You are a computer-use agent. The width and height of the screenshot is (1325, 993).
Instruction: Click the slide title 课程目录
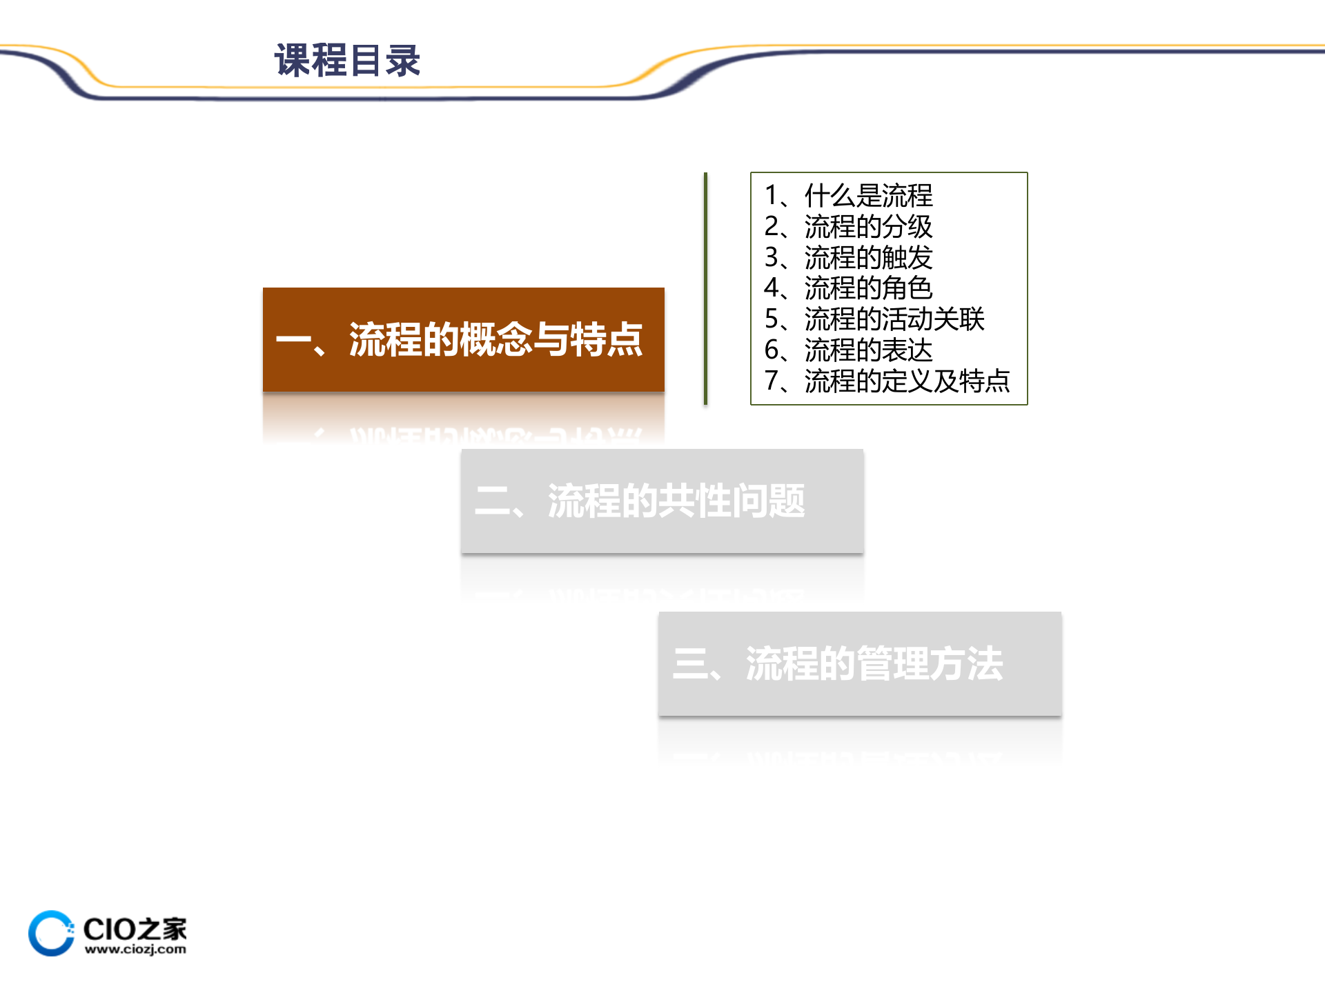pyautogui.click(x=347, y=61)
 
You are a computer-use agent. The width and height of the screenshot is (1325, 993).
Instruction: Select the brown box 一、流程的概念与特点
pyautogui.click(x=463, y=339)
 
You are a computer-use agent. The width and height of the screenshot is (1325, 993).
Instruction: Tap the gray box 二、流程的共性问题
pyautogui.click(x=662, y=501)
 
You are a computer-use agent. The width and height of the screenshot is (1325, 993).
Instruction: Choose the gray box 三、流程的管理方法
pyautogui.click(x=859, y=664)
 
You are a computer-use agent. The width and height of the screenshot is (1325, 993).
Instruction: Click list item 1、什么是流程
pyautogui.click(x=848, y=196)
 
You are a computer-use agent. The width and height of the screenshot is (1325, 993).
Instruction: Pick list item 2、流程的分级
pyautogui.click(x=848, y=227)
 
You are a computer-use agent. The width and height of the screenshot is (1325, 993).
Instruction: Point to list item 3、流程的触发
pyautogui.click(x=848, y=258)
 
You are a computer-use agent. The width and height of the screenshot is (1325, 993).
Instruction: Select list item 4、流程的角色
pyautogui.click(x=848, y=288)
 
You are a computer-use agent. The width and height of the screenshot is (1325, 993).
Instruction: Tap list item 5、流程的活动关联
pyautogui.click(x=874, y=319)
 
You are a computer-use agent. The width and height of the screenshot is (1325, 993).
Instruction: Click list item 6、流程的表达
pyautogui.click(x=848, y=350)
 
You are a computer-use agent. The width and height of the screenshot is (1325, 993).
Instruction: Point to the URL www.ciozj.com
pyautogui.click(x=135, y=950)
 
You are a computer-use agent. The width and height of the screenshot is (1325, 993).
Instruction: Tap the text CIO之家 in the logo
pyautogui.click(x=135, y=929)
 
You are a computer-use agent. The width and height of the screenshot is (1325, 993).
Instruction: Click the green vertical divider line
pyautogui.click(x=705, y=288)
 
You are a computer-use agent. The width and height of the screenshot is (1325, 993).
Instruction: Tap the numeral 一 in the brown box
pyautogui.click(x=294, y=339)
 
